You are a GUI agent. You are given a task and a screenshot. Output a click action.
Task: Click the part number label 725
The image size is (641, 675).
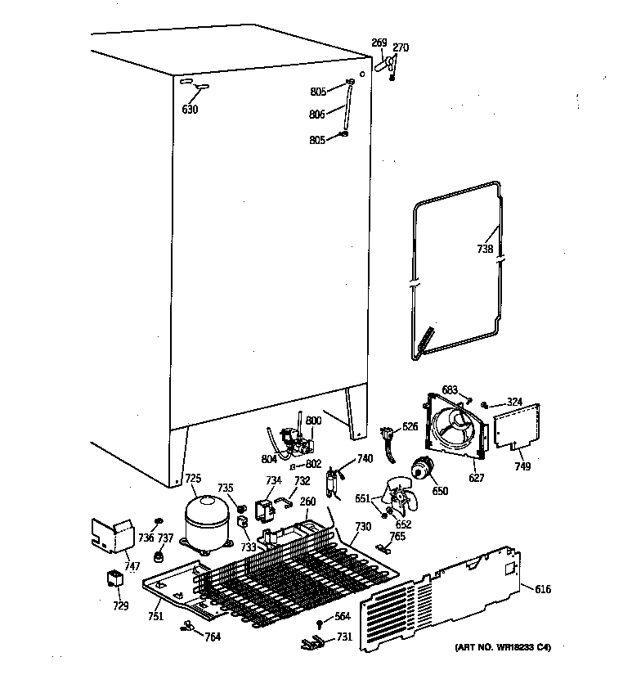click(x=192, y=478)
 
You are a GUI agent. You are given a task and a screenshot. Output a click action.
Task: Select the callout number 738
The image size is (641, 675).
click(x=485, y=250)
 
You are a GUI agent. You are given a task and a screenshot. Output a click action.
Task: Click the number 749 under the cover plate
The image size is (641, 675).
click(x=522, y=466)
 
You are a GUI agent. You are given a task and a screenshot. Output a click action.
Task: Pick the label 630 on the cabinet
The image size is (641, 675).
click(x=190, y=110)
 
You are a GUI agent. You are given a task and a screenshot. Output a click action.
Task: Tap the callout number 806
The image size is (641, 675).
click(x=317, y=115)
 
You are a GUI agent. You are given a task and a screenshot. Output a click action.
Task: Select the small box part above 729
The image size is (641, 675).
click(x=114, y=580)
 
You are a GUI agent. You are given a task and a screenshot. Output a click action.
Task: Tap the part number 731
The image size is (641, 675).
click(x=344, y=637)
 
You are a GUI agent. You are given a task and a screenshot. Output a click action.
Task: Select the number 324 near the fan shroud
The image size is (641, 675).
click(x=513, y=402)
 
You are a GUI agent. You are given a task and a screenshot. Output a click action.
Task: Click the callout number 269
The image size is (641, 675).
click(x=379, y=43)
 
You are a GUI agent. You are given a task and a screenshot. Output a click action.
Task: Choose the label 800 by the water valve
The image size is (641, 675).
click(x=313, y=421)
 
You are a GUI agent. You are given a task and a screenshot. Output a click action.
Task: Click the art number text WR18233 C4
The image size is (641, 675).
click(x=503, y=647)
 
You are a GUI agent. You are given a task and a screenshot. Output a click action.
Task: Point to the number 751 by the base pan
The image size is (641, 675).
click(x=155, y=616)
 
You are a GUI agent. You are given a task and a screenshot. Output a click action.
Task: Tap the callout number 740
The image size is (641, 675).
click(x=365, y=459)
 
